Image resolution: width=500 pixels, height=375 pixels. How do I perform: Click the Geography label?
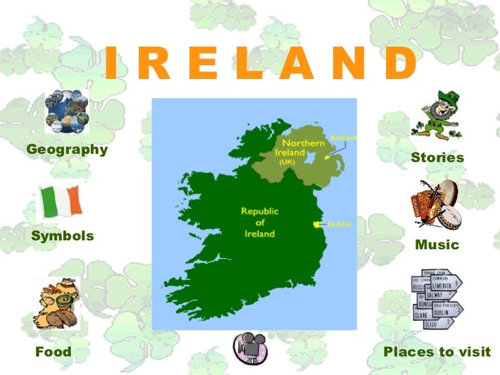(67, 149)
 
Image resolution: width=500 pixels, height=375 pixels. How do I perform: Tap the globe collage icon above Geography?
(67, 112)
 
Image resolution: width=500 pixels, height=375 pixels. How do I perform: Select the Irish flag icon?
(59, 201)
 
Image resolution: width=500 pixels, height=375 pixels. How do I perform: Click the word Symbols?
(62, 236)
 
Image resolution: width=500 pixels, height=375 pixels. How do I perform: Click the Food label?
(53, 352)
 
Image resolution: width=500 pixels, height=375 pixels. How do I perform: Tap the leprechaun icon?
(435, 115)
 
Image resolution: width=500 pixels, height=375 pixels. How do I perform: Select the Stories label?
(437, 158)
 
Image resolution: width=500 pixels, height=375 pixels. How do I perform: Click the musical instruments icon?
(436, 204)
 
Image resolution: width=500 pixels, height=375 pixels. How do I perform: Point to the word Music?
(437, 245)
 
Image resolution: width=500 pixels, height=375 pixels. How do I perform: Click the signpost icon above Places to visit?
(436, 299)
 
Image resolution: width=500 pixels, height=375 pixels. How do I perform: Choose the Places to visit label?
(437, 352)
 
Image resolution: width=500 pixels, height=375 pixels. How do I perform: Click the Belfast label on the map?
(343, 138)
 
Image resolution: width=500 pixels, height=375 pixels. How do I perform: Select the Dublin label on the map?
(339, 224)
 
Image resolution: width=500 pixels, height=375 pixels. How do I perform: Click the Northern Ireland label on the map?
(289, 152)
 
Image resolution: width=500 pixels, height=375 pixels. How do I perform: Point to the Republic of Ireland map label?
(260, 223)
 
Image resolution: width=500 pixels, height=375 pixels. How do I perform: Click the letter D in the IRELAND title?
(400, 65)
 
